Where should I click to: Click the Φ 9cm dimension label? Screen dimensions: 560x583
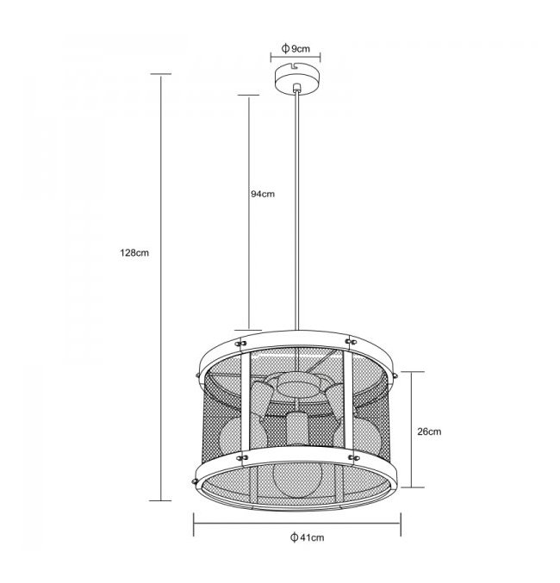(296, 48)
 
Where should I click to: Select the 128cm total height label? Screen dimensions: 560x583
(134, 253)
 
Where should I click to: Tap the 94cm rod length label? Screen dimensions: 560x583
(263, 194)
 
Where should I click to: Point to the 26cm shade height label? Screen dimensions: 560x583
(429, 431)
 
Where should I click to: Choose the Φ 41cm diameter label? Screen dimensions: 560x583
(307, 537)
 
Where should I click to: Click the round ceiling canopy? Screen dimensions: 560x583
(298, 79)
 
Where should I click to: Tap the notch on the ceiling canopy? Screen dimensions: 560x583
(296, 66)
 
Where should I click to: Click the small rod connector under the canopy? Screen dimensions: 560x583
(296, 88)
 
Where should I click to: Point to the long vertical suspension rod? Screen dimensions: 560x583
(296, 211)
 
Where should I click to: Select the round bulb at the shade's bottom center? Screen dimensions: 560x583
(293, 479)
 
